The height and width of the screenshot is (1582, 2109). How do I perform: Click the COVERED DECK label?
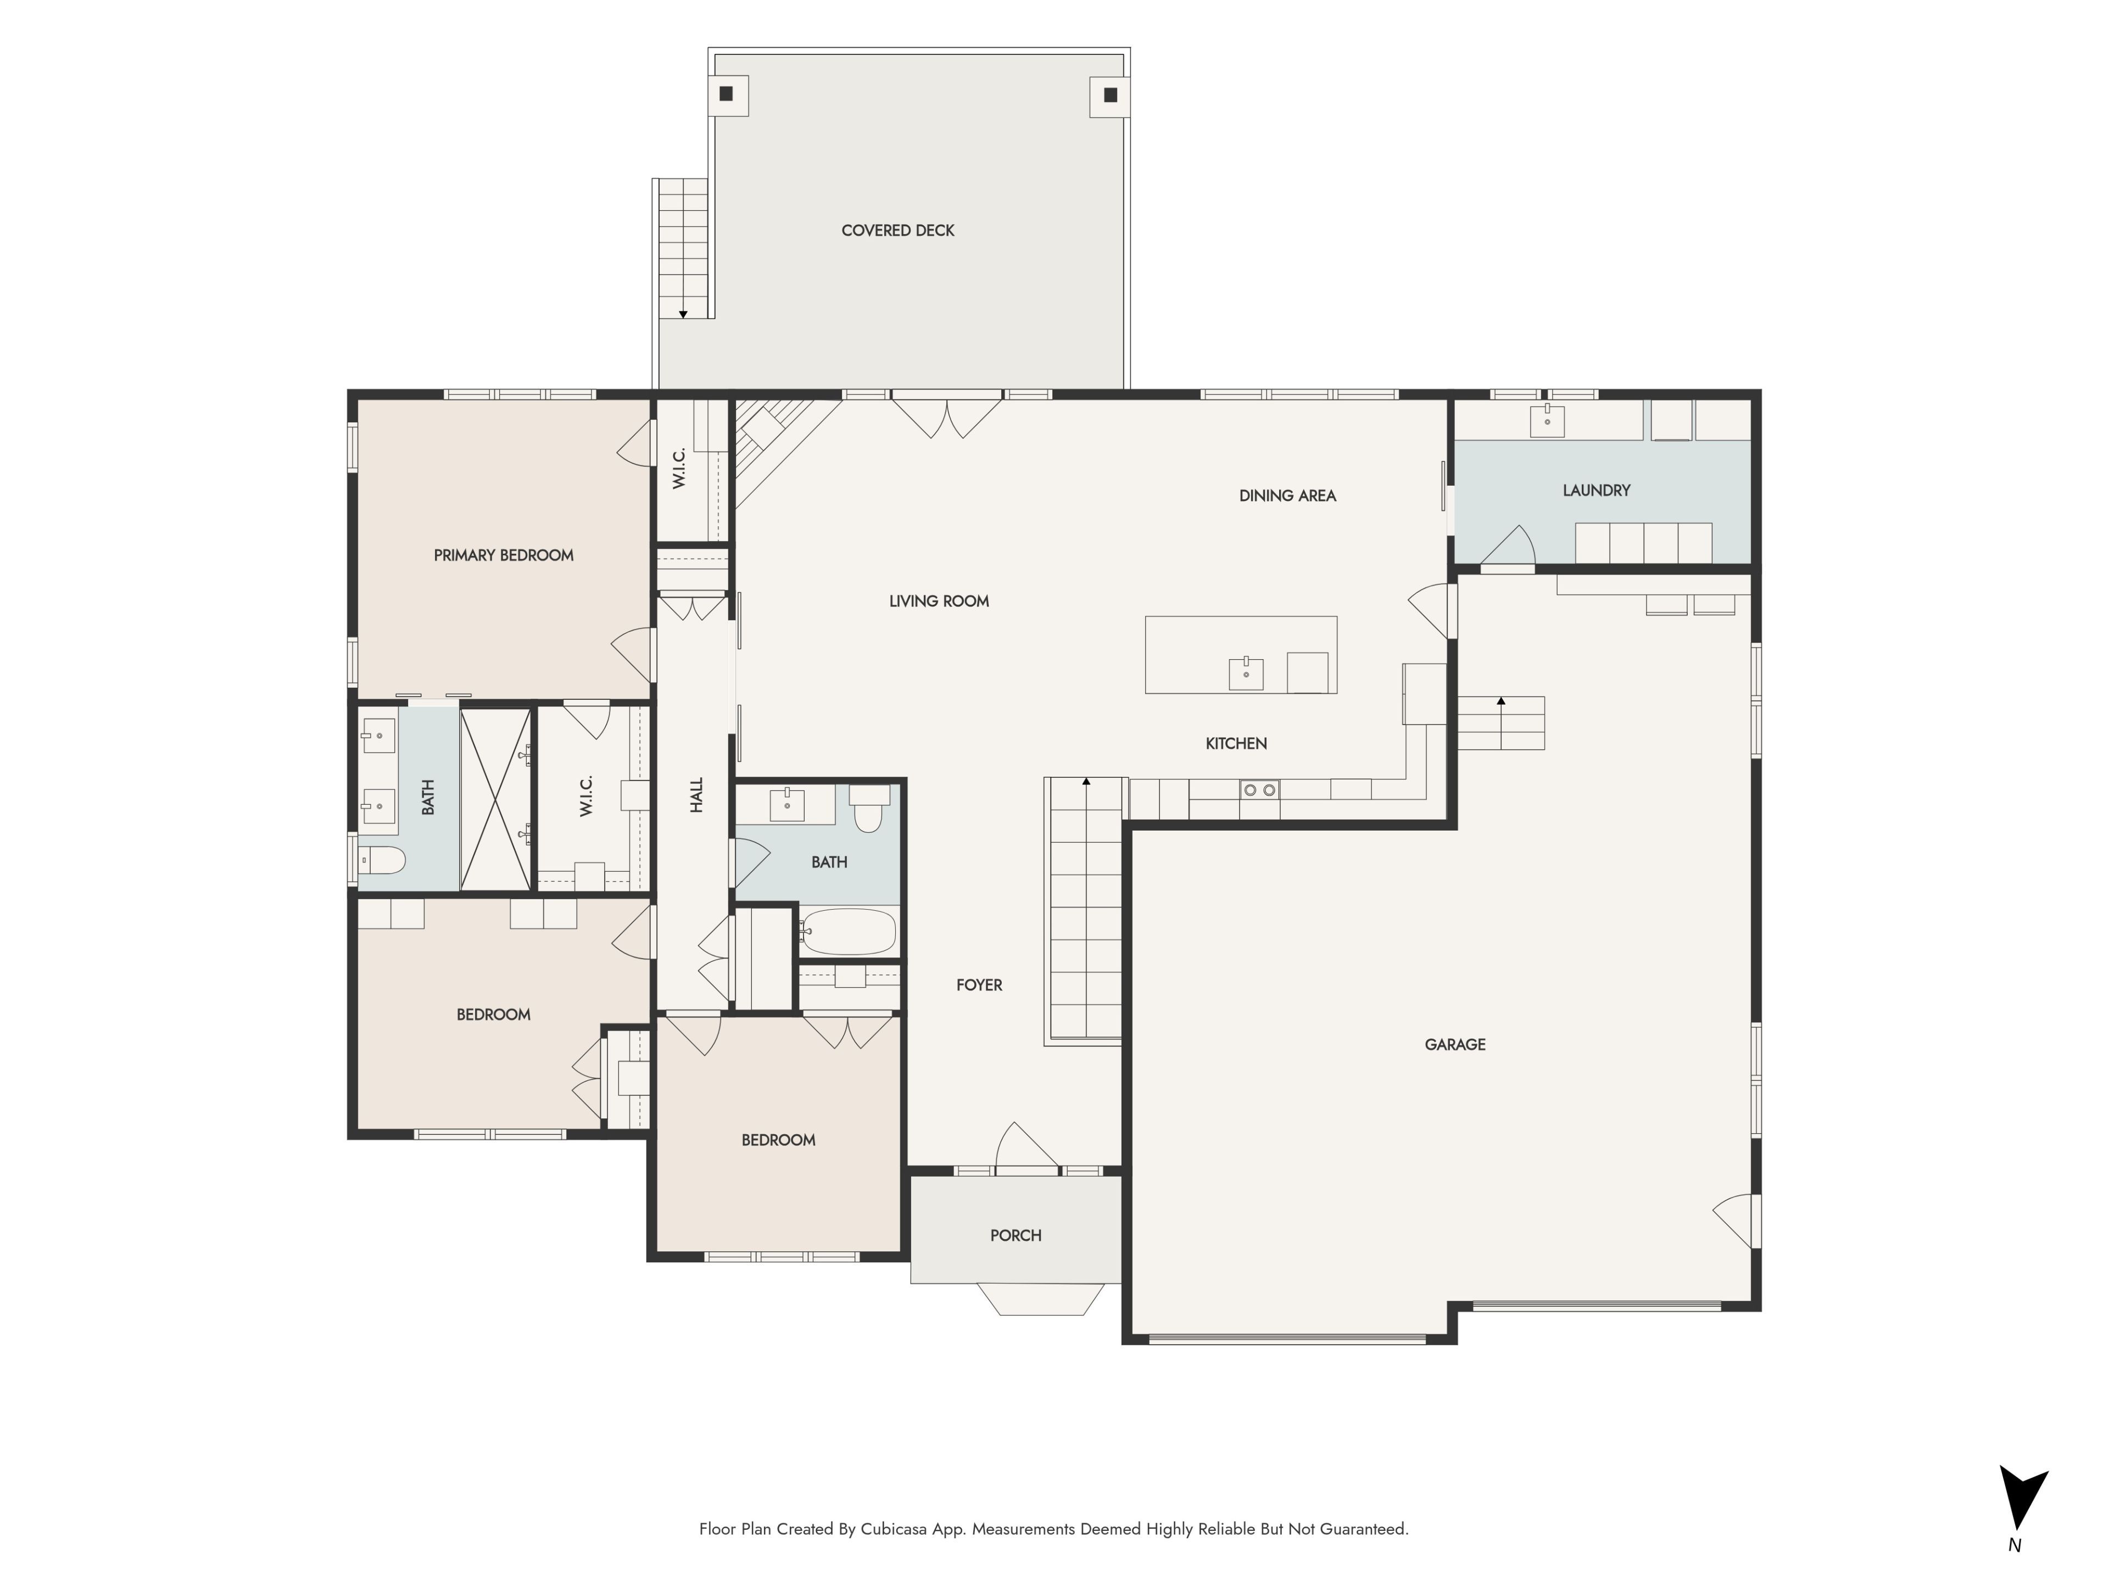tap(897, 231)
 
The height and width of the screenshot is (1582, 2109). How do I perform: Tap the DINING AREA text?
tap(1287, 496)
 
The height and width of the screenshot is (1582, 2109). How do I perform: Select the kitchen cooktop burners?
tap(1259, 789)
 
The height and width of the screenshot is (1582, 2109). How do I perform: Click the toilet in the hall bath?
tap(868, 807)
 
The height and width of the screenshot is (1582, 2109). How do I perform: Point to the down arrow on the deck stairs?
tap(683, 314)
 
